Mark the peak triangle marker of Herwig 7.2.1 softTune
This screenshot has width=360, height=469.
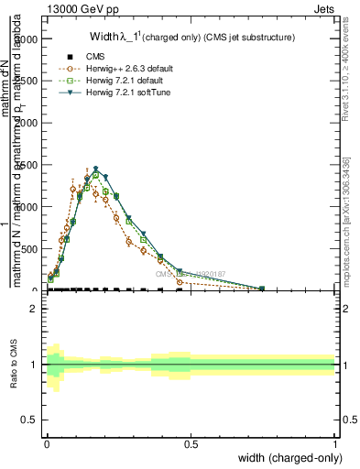pyautogui.click(x=95, y=169)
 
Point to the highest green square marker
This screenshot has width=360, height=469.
pyautogui.click(x=95, y=174)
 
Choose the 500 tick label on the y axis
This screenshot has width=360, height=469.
pyautogui.click(x=32, y=248)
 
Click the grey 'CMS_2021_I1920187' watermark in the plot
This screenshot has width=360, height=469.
pyautogui.click(x=188, y=274)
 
